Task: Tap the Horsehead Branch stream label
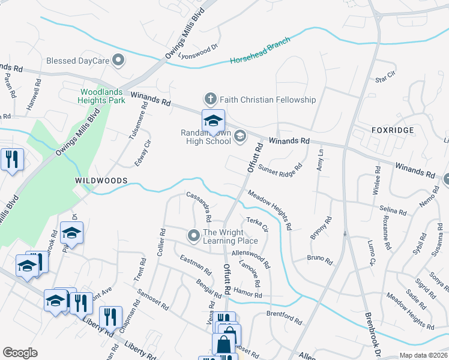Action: point(261,51)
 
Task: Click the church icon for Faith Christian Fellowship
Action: point(210,99)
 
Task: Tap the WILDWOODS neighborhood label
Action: point(101,181)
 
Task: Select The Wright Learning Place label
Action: point(231,236)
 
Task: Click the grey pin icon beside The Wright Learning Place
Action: point(193,236)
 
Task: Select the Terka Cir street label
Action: point(257,224)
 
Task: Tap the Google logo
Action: point(20,353)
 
